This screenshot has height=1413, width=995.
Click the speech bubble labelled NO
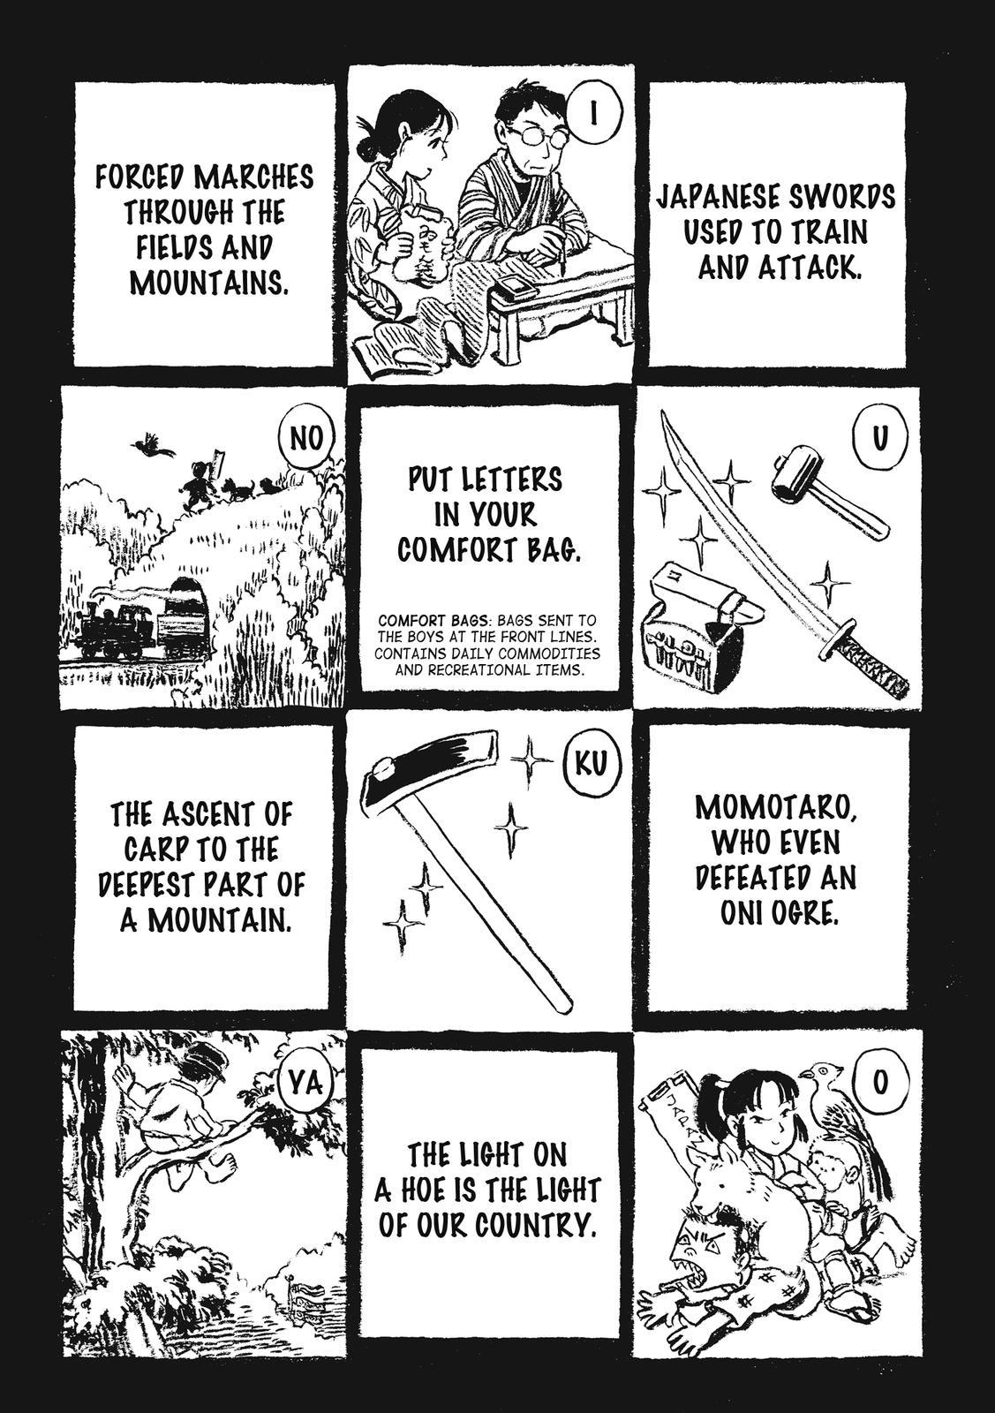tap(306, 439)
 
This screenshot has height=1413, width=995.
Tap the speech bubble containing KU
tap(590, 764)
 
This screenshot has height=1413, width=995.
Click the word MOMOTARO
tap(775, 810)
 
